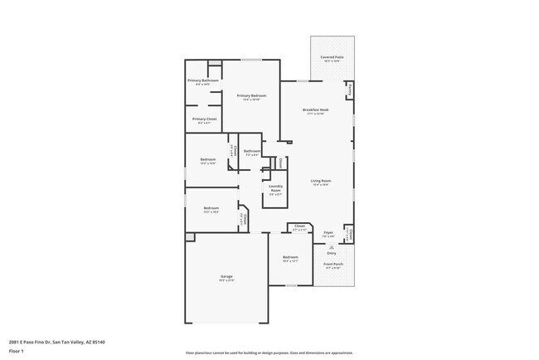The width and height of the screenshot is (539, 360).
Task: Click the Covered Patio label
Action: (333, 57)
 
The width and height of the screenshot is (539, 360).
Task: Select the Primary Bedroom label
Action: (251, 96)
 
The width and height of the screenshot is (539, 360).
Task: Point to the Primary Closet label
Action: (204, 119)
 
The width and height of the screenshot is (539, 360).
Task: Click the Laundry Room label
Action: (275, 188)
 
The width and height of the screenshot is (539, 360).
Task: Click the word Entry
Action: (332, 252)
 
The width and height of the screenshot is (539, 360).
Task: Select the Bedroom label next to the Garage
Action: (290, 258)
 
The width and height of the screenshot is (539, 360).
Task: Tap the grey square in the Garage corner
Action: (190, 237)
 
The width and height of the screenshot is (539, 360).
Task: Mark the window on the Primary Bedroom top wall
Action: (251, 60)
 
